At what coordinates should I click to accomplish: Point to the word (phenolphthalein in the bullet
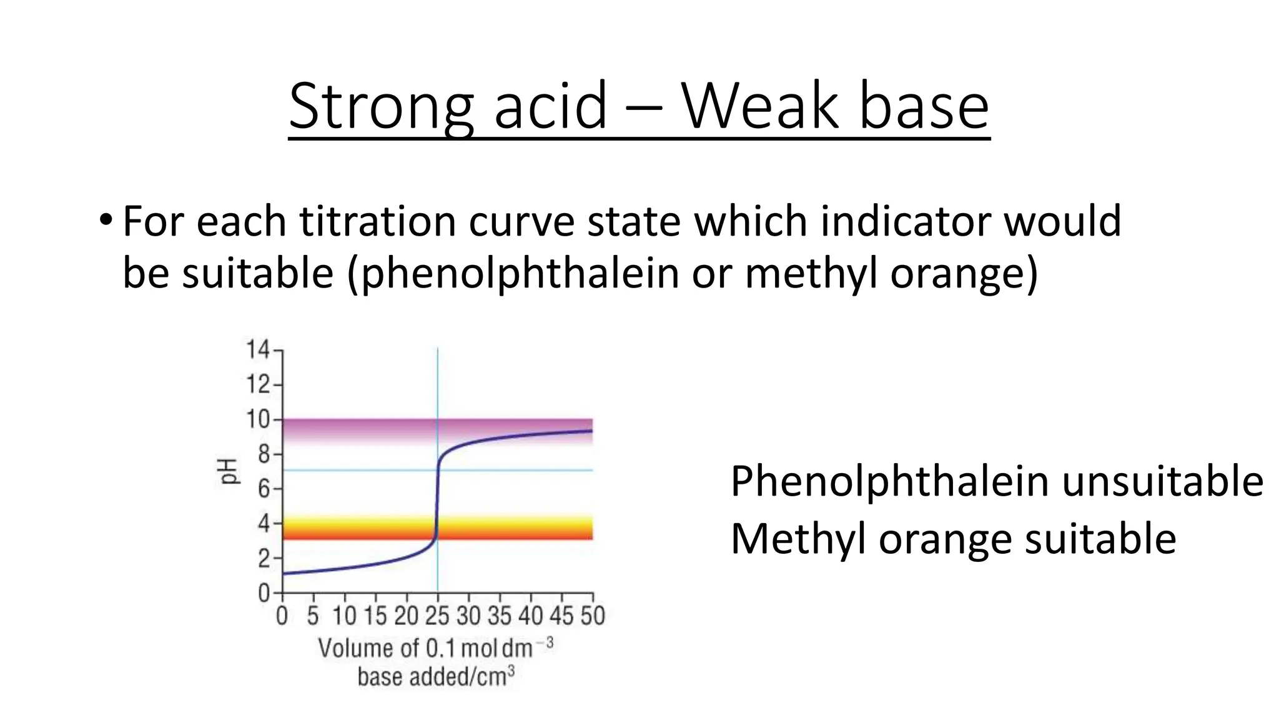pos(513,274)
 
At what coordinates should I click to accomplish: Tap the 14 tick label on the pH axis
pos(257,349)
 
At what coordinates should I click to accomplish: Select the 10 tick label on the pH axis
pos(257,419)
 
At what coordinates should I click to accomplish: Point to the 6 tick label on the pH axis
pos(264,489)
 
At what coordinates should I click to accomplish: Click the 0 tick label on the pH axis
pos(264,592)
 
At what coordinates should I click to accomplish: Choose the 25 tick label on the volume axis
pos(437,616)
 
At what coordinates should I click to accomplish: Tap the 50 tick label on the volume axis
pos(593,616)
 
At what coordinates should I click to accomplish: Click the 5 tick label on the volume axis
pos(313,616)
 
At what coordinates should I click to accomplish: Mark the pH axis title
pos(230,471)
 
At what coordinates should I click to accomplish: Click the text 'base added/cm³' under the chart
pos(436,676)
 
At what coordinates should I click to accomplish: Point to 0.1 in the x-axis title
pos(441,649)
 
